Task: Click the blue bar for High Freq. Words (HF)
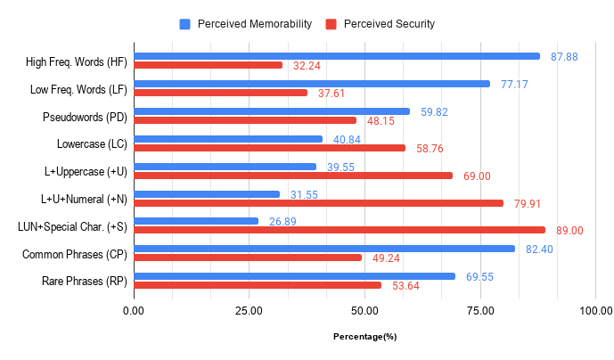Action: tap(337, 56)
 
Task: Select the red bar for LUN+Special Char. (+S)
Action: tap(339, 230)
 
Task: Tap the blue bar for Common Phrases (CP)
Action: tap(324, 249)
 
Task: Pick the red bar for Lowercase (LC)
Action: tap(269, 148)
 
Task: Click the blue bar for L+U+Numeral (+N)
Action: tap(207, 193)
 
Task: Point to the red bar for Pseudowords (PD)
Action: tap(245, 120)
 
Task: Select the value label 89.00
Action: tap(569, 230)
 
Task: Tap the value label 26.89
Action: tap(283, 221)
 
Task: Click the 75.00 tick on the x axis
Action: tap(480, 311)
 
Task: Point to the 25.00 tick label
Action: tap(249, 311)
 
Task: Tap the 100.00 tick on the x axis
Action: tap(594, 311)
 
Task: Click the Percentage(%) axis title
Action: tap(364, 337)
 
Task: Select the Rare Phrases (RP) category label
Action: tap(84, 281)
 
